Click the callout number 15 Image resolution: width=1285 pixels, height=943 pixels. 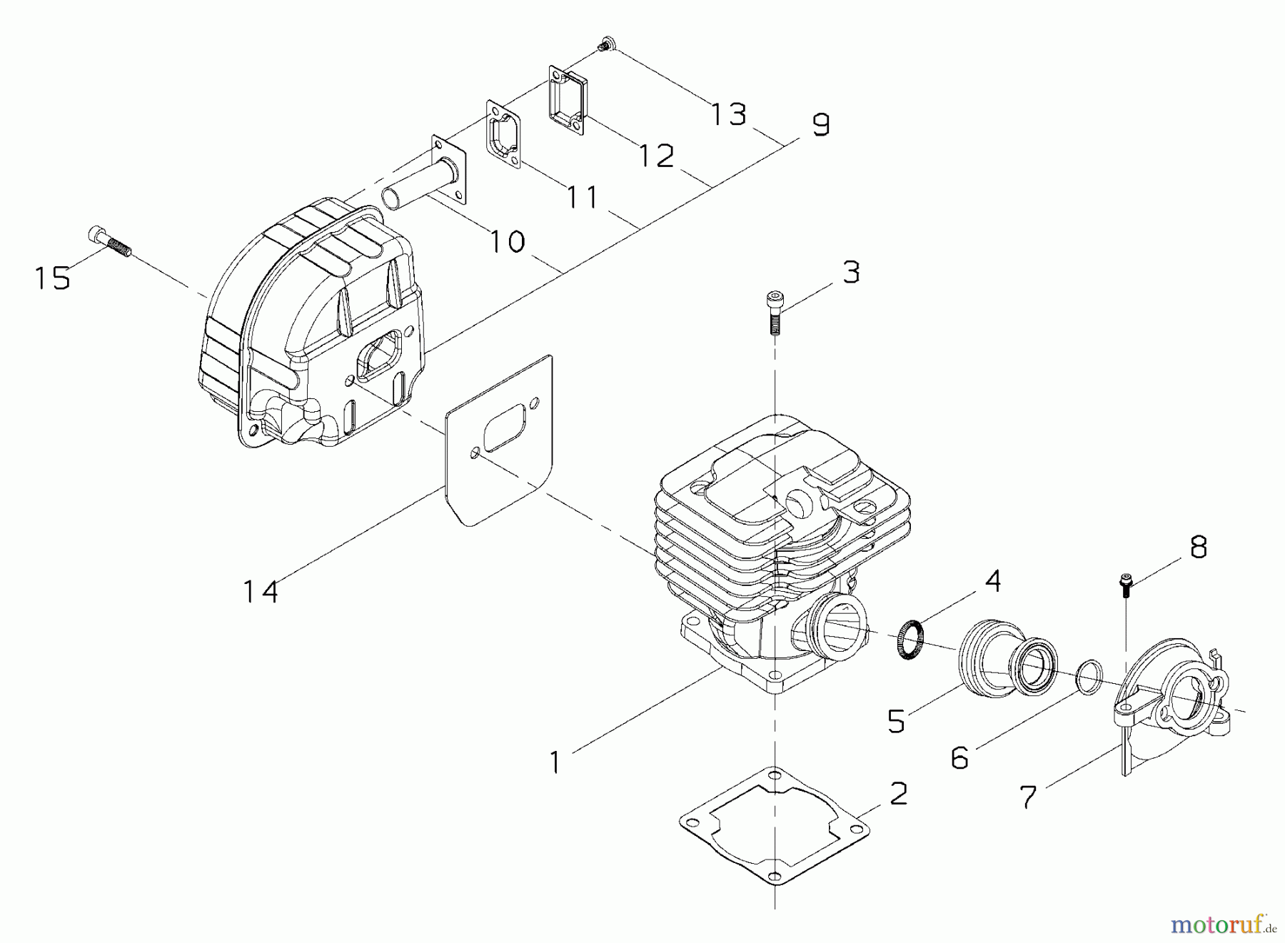pyautogui.click(x=53, y=278)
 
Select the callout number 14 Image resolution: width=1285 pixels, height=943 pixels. pyautogui.click(x=261, y=591)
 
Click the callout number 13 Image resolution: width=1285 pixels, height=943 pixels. pyautogui.click(x=729, y=114)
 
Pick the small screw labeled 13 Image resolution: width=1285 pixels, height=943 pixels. pyautogui.click(x=606, y=44)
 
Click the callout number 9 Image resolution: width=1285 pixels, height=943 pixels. pyautogui.click(x=821, y=125)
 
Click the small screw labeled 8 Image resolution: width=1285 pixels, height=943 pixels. pyautogui.click(x=1127, y=583)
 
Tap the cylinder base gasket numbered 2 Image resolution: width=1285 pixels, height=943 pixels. pyautogui.click(x=775, y=825)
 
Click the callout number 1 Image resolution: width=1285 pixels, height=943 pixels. pyautogui.click(x=555, y=763)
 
